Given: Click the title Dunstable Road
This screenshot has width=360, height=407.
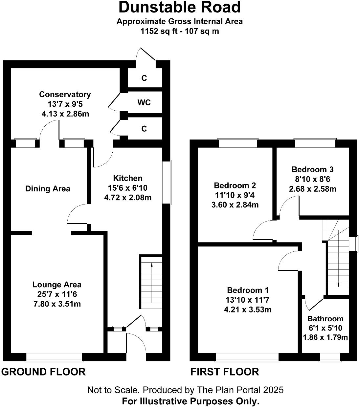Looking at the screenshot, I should coord(180,7).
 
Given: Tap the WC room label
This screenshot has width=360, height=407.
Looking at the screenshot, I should coord(144,103).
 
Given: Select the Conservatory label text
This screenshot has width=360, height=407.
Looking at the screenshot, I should coord(65,95).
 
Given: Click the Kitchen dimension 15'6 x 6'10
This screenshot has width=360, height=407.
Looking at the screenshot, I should coord(128,188).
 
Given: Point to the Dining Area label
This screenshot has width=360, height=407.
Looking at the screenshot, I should coord(48,189).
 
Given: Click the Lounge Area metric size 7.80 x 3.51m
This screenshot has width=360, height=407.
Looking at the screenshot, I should coord(57,304).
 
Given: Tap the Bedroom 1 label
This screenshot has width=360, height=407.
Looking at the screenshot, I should coord(248,290).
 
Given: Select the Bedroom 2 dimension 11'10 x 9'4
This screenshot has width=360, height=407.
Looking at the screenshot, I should coord(235,195).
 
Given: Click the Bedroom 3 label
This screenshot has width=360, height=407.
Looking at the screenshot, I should coord(312,170).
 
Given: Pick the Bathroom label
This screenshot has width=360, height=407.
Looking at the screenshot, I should coord(325,319).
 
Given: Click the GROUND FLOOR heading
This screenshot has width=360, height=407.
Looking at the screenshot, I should coord(43,372).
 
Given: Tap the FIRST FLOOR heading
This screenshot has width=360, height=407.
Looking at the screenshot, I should coord(225,372).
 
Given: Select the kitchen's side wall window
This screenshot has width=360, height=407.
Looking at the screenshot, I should coord(168,182).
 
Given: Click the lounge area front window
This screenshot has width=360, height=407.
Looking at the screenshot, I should coord(54,357).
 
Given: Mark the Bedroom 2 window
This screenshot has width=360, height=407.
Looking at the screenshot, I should coord(238,143).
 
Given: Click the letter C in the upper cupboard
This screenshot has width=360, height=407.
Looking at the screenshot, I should coord(144,78).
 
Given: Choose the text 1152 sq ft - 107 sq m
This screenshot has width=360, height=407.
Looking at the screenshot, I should coord(180,32).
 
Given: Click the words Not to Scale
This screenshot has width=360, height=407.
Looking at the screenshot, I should coord(113,390).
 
